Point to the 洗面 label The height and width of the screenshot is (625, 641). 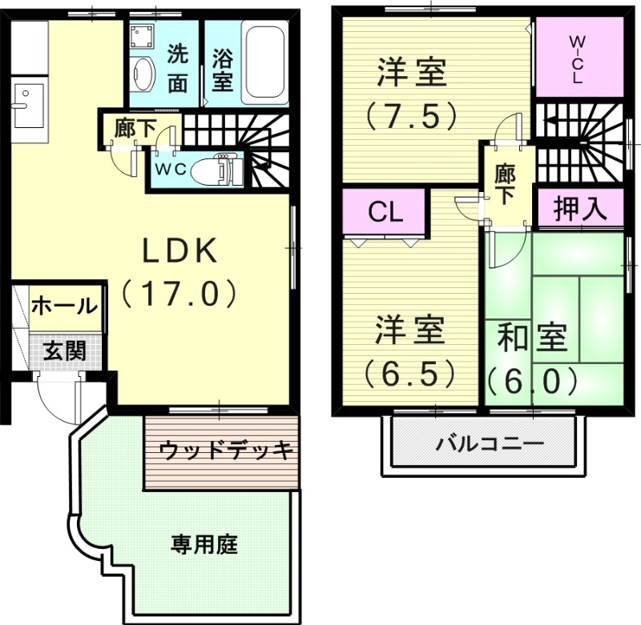(178, 67)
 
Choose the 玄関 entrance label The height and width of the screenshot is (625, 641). (64, 351)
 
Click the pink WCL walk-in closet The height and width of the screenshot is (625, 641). (578, 58)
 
